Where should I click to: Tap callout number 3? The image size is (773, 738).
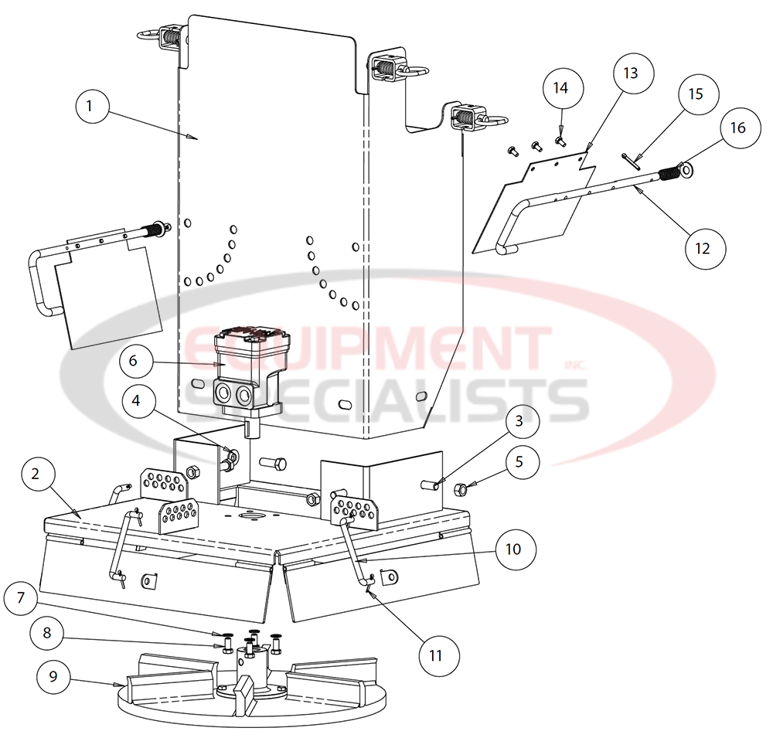(x=519, y=422)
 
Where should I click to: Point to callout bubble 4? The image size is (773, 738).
(x=136, y=401)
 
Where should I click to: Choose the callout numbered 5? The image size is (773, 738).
(x=519, y=462)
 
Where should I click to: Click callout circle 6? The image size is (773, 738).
(x=132, y=361)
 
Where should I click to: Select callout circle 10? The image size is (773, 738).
(x=514, y=549)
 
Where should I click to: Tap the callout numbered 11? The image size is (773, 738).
(x=436, y=655)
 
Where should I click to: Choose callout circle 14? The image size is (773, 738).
(x=560, y=88)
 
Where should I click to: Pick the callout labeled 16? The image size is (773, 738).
(x=738, y=128)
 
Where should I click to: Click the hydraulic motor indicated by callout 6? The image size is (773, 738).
(x=243, y=369)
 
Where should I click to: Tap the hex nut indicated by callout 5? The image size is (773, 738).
(x=458, y=488)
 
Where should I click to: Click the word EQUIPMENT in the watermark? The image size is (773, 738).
(x=371, y=349)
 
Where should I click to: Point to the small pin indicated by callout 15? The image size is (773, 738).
(x=629, y=160)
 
